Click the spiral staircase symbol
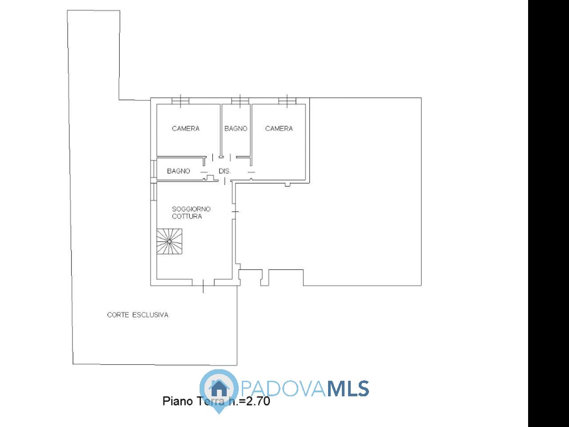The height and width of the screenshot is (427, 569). pyautogui.click(x=169, y=242)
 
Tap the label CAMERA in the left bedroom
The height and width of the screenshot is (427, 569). pyautogui.click(x=186, y=129)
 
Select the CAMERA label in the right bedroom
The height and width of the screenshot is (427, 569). pyautogui.click(x=279, y=129)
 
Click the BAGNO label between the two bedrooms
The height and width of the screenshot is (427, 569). pyautogui.click(x=236, y=129)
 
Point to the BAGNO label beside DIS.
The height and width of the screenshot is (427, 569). pyautogui.click(x=179, y=171)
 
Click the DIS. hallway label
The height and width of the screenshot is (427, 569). pyautogui.click(x=224, y=171)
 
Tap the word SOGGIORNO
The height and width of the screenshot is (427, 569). pyautogui.click(x=191, y=209)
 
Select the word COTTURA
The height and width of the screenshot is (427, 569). pyautogui.click(x=187, y=217)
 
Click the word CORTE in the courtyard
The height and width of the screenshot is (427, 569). pyautogui.click(x=118, y=315)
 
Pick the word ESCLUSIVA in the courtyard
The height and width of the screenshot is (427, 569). pyautogui.click(x=150, y=315)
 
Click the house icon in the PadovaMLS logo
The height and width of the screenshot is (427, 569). pyautogui.click(x=219, y=388)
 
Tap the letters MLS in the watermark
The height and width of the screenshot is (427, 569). pyautogui.click(x=349, y=389)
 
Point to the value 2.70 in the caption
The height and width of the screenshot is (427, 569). pyautogui.click(x=258, y=401)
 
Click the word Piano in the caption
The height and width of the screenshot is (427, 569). pyautogui.click(x=178, y=402)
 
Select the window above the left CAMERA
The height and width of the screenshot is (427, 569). pyautogui.click(x=180, y=101)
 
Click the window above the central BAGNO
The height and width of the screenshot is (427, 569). pyautogui.click(x=240, y=101)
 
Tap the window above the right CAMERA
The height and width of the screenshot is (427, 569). pyautogui.click(x=287, y=101)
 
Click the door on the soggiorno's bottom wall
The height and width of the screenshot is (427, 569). pyautogui.click(x=203, y=283)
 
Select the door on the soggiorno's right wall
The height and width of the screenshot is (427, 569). pyautogui.click(x=235, y=212)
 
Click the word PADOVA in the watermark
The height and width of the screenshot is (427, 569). pyautogui.click(x=283, y=389)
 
